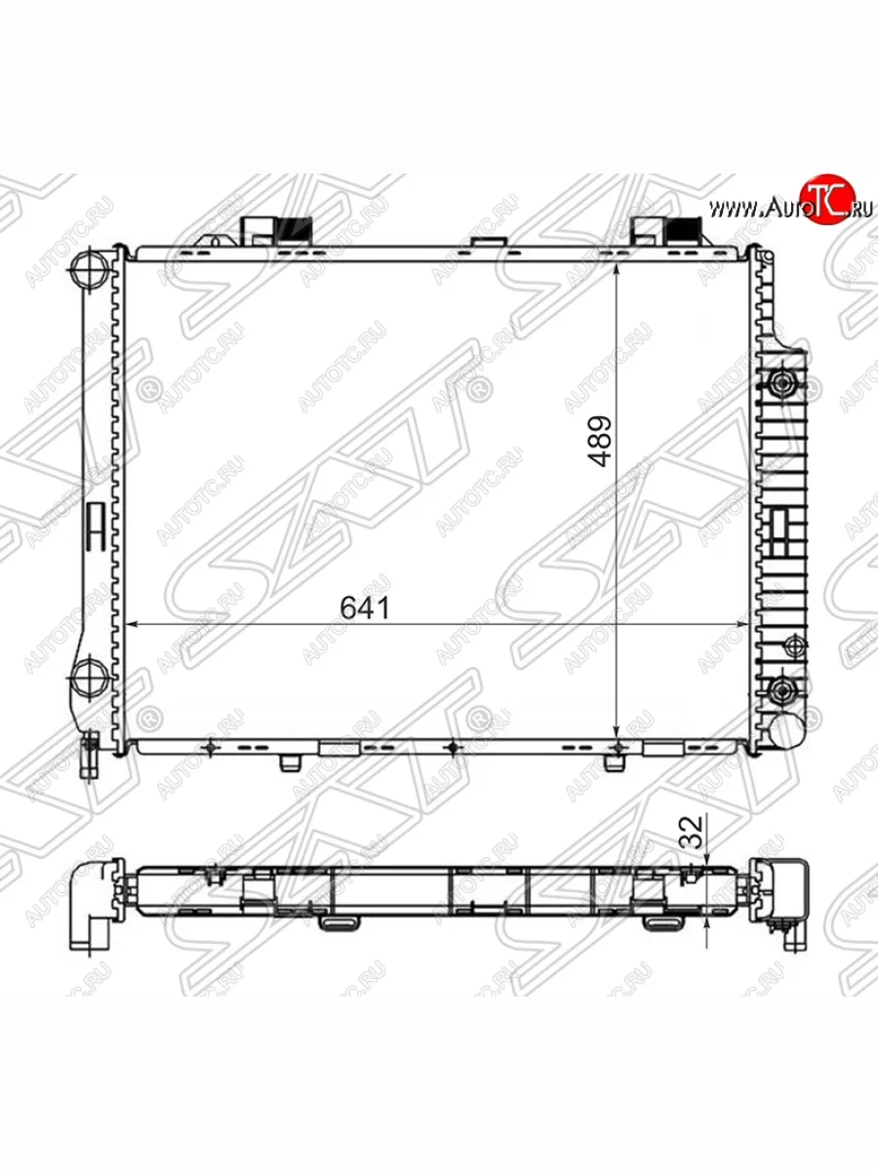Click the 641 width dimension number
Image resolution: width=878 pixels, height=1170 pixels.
[x=365, y=607]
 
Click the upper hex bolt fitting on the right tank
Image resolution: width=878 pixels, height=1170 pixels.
[x=781, y=382]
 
